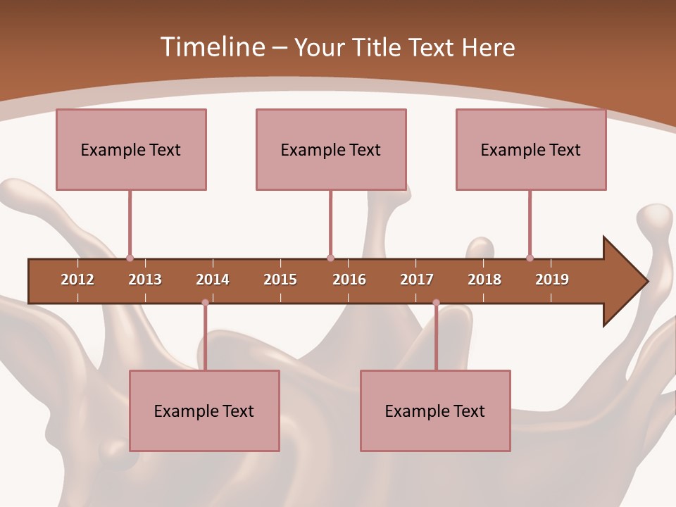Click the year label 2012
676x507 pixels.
[77, 280]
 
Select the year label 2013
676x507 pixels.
[145, 280]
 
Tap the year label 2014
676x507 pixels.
[213, 280]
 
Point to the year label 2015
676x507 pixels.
[280, 280]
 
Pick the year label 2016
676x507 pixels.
[349, 280]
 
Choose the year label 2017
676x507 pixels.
[417, 280]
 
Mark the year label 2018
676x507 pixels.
[484, 280]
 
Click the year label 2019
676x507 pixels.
[552, 280]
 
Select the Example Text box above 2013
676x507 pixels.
[131, 149]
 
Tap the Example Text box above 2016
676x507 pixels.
[331, 149]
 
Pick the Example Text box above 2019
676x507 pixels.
[531, 149]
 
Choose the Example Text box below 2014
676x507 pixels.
[204, 411]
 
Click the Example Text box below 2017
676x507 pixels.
[435, 411]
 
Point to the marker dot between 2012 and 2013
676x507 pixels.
[130, 258]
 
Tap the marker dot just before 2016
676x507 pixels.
[330, 258]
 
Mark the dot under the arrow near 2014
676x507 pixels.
[205, 303]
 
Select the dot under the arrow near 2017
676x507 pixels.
[436, 303]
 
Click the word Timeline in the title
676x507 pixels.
[211, 47]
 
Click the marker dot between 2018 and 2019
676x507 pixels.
[530, 258]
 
